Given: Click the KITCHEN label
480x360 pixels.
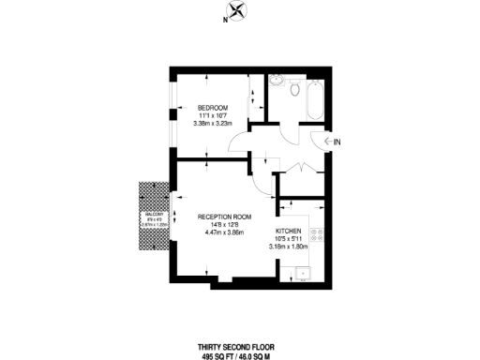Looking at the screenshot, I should (x=288, y=230).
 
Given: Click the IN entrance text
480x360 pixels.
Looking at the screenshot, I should (x=336, y=141).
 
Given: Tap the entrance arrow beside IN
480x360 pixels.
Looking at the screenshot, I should (x=322, y=141).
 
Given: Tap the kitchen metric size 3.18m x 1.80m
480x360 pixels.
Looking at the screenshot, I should (x=289, y=247).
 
